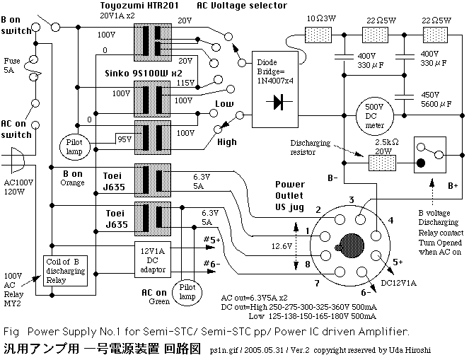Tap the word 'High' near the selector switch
coord(227,142)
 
